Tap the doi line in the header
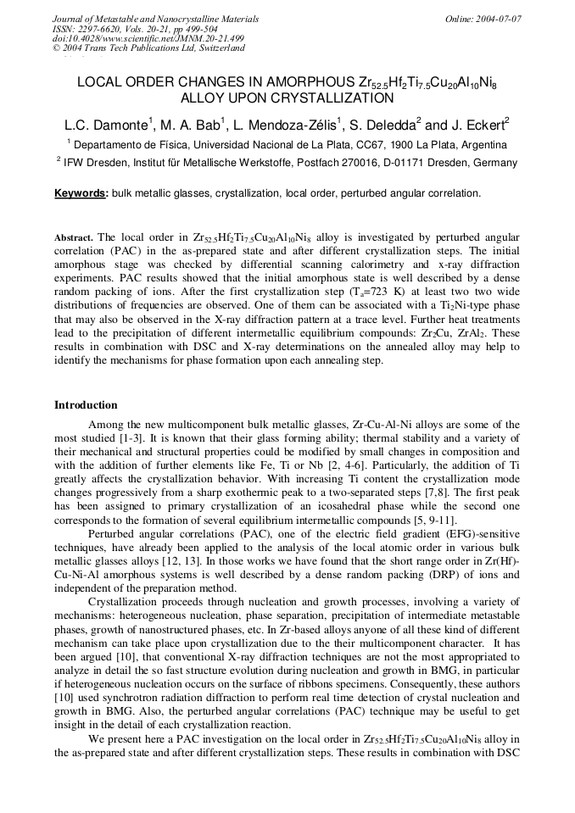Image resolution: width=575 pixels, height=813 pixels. pos(148,38)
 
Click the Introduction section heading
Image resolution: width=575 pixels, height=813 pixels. pos(86,405)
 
